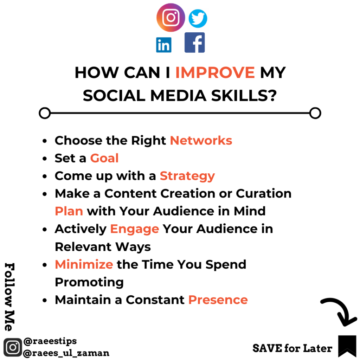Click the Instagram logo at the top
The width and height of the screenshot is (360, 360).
point(171,18)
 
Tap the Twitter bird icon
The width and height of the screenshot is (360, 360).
point(198,19)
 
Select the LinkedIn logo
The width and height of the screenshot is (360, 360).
point(164,45)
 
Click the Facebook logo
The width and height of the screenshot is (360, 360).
point(194,43)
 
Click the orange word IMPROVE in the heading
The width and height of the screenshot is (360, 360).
point(215,72)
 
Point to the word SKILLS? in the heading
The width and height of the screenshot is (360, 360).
point(244,96)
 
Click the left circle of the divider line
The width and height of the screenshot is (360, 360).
point(45,113)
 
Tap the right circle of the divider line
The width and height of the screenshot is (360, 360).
point(315,113)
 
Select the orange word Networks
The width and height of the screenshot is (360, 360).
point(201,141)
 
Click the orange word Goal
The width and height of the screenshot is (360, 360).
point(104,158)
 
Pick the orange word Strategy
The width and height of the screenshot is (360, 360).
point(187,176)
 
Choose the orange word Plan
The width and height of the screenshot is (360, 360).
point(69,211)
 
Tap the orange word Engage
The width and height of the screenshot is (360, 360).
point(135,229)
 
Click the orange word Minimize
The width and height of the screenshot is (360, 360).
point(84,264)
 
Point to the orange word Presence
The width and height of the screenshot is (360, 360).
point(218,300)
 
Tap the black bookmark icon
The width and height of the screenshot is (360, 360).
point(347,346)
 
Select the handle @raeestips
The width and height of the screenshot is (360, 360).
point(50,341)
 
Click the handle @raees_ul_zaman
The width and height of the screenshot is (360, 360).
point(66,353)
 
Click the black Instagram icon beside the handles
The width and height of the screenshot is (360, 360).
point(13,347)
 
